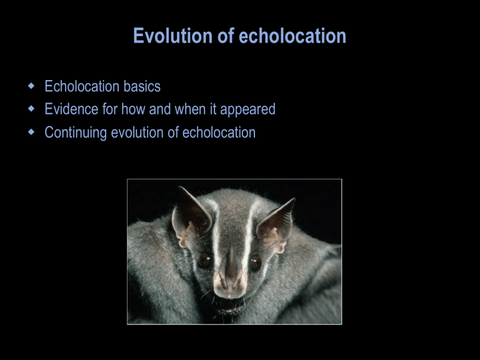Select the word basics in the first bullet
pyautogui.click(x=142, y=86)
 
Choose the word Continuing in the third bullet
pyautogui.click(x=76, y=133)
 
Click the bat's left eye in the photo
pyautogui.click(x=204, y=261)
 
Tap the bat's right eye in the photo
pyautogui.click(x=256, y=261)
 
